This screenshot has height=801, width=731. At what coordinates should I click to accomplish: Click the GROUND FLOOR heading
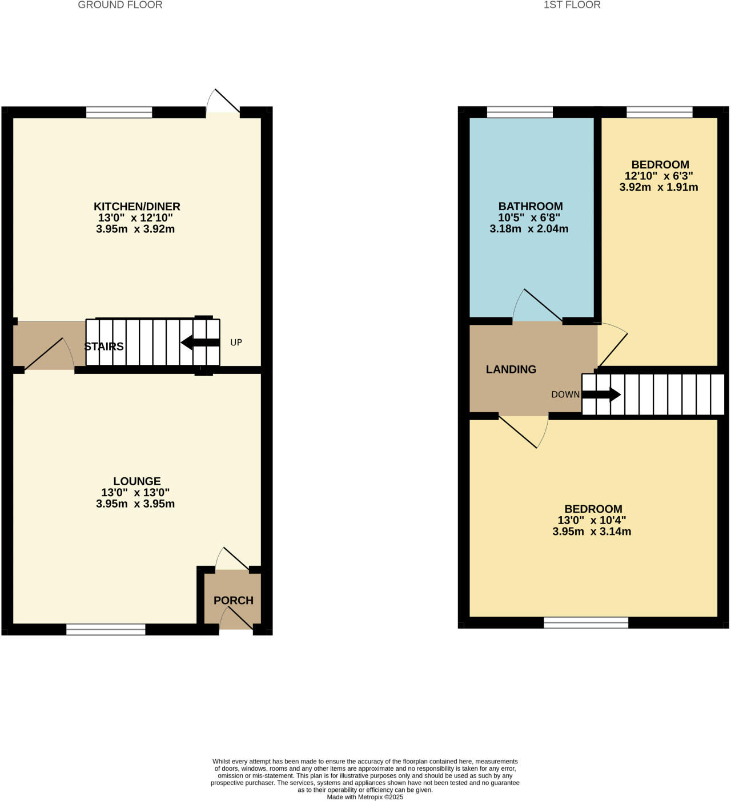click(120, 5)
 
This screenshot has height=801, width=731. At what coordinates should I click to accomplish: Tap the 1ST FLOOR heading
click(572, 5)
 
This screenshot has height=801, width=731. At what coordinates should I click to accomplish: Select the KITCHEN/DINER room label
click(137, 206)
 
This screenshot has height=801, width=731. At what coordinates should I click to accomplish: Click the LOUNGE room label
click(137, 481)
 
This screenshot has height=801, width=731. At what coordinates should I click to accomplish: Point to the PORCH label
click(234, 600)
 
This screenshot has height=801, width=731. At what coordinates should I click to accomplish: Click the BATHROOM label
click(531, 206)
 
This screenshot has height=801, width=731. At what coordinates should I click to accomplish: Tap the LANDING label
click(511, 369)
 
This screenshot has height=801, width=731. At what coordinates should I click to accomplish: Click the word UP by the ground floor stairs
click(236, 343)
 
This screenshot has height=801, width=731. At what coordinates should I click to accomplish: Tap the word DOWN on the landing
click(565, 395)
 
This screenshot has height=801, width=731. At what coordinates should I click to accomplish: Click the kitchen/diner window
click(119, 112)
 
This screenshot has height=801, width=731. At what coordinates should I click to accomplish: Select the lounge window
click(106, 629)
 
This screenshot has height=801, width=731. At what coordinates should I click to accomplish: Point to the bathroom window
click(520, 112)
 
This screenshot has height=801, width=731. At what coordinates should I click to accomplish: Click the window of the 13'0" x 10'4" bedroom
click(586, 623)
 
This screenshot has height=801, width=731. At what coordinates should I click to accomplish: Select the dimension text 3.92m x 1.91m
click(658, 187)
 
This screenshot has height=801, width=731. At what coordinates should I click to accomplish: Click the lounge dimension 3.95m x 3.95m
click(135, 504)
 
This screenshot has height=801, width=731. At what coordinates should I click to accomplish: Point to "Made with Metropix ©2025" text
click(365, 797)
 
